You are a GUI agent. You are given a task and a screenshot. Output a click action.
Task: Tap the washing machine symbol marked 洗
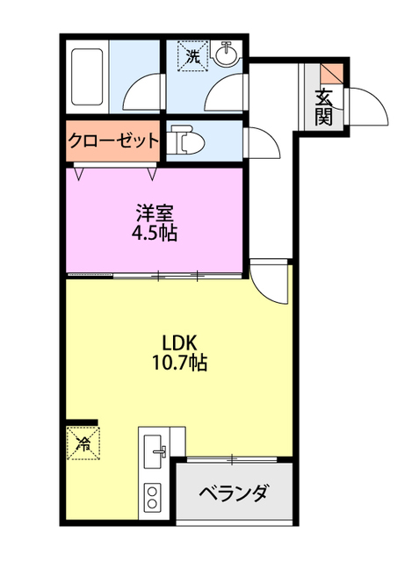click(192, 57)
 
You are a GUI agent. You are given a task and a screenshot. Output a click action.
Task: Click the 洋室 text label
click(155, 213)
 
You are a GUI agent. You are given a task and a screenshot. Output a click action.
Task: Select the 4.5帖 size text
click(155, 234)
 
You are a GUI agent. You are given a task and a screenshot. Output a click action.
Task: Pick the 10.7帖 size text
click(179, 362)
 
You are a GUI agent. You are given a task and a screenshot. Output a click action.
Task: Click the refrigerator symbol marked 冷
click(85, 443)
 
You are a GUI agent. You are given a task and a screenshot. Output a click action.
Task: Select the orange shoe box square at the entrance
click(328, 75)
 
